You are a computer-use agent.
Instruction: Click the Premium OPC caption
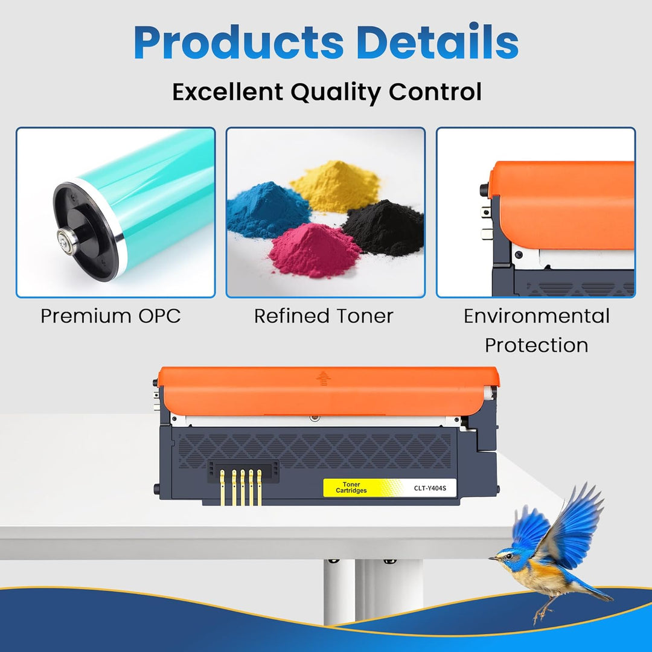point(110,316)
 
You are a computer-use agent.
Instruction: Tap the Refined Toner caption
point(324,316)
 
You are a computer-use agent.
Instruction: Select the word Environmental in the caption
point(536,316)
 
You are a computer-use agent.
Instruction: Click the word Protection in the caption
point(536,345)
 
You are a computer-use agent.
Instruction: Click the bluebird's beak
point(494,558)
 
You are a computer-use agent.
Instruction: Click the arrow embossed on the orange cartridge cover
point(324,378)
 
